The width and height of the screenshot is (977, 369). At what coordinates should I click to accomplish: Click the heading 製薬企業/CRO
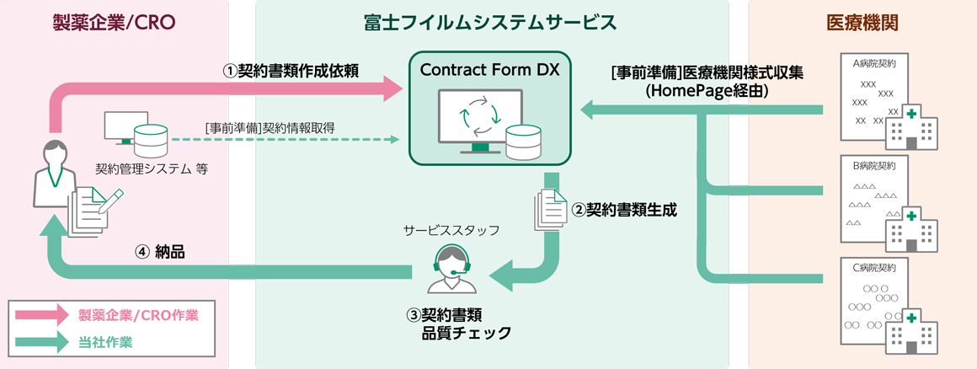click(114, 23)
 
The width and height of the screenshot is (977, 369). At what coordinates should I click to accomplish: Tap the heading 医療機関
click(862, 23)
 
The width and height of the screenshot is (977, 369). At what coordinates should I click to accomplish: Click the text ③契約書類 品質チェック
click(458, 324)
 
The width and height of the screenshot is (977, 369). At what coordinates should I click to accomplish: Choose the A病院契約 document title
click(874, 63)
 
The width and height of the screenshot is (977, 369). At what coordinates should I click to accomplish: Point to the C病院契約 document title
click(874, 268)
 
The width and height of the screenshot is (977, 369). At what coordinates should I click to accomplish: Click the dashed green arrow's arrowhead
click(394, 138)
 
